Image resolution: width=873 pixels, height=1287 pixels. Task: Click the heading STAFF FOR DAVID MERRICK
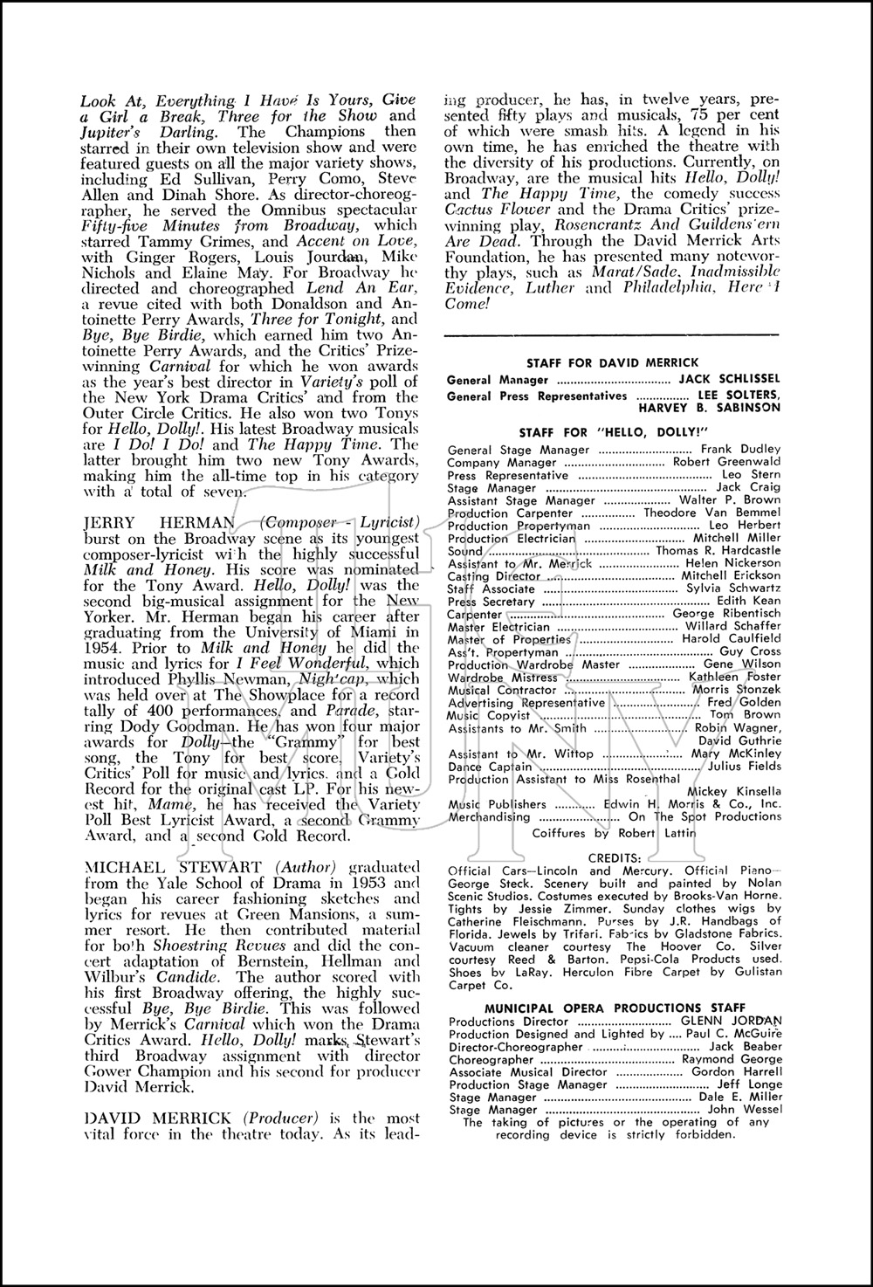[612, 362]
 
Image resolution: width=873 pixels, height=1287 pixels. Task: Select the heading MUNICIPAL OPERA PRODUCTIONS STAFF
[612, 1008]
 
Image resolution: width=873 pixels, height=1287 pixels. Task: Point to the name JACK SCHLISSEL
[730, 381]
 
